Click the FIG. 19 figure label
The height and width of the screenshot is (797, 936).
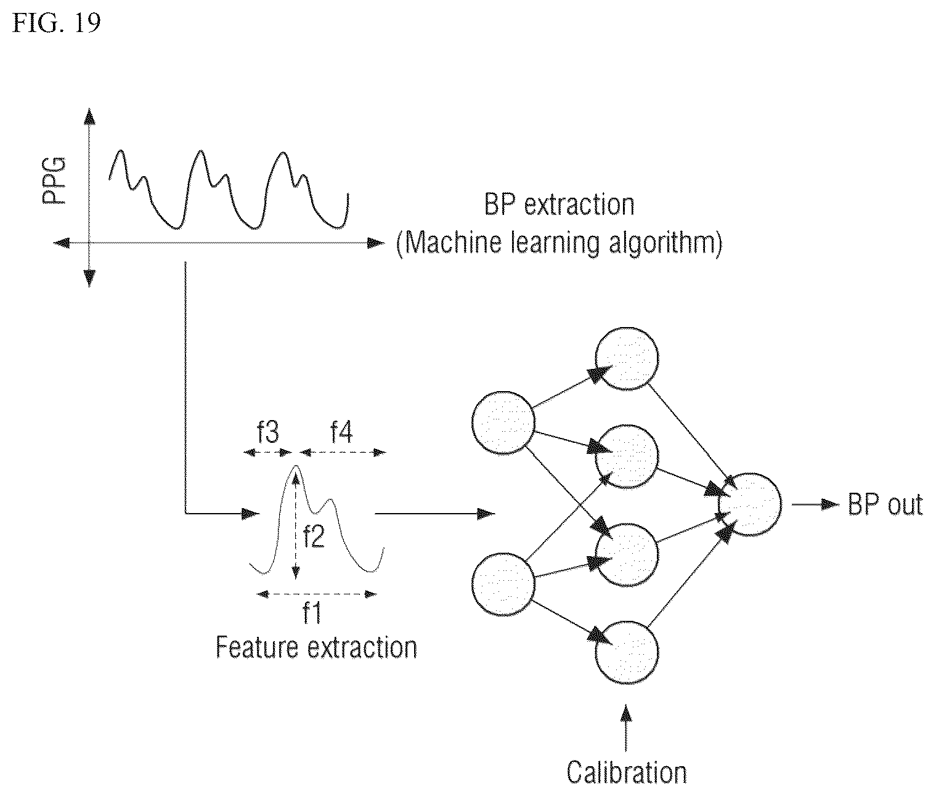[x=56, y=23]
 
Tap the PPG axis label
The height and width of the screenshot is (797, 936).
[x=54, y=180]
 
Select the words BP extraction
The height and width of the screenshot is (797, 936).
[x=559, y=205]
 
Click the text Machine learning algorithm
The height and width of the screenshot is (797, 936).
[x=559, y=243]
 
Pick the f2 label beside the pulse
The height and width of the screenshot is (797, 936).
[x=314, y=536]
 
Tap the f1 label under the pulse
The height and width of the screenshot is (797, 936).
[x=312, y=613]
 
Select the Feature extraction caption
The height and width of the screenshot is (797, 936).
[x=316, y=648]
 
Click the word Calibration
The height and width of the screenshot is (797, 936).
[x=627, y=772]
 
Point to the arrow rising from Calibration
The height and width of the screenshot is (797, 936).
[x=626, y=727]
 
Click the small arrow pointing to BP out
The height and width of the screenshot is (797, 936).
[x=816, y=504]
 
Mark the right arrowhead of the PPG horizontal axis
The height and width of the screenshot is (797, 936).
[x=375, y=243]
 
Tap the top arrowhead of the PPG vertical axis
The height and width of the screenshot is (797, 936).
[x=90, y=116]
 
